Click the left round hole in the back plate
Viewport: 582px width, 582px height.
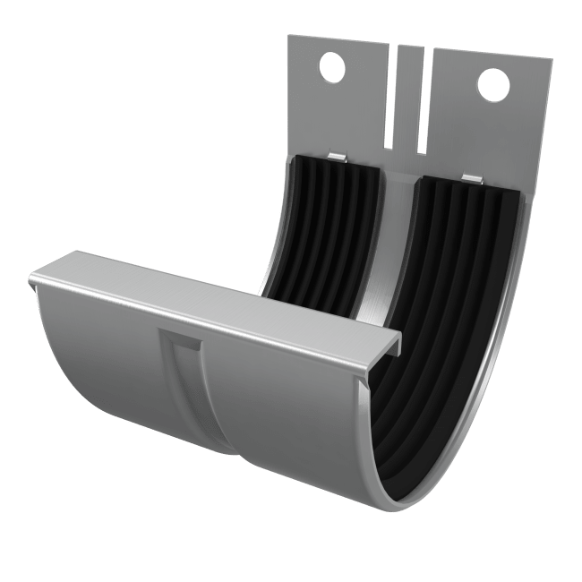coord(331,68)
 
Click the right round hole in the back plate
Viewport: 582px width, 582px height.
coord(492,84)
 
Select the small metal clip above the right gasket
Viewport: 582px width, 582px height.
coord(472,177)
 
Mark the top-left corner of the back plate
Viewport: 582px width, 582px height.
coord(289,37)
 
